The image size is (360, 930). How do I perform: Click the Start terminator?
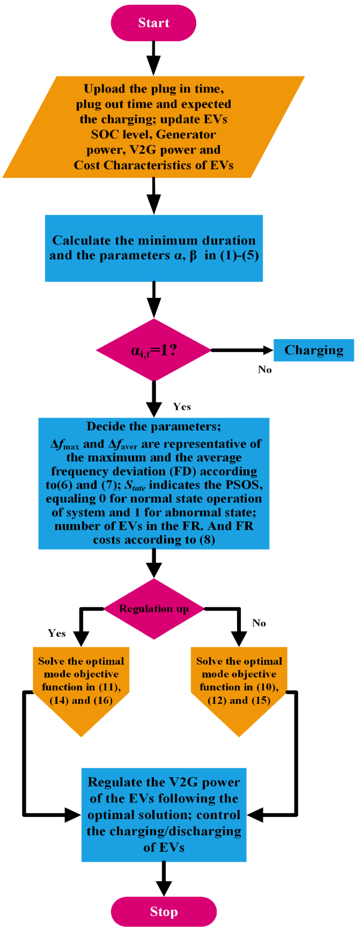(x=153, y=23)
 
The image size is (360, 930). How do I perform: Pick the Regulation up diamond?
(x=154, y=609)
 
